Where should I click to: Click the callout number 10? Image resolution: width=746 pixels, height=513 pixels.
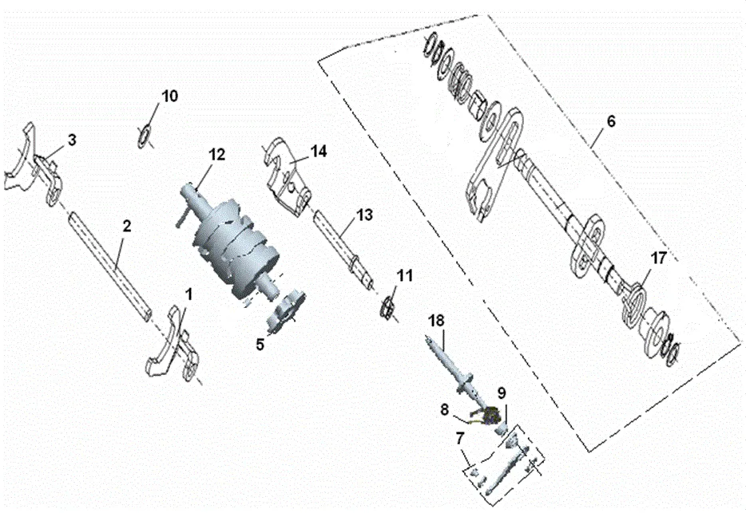170,96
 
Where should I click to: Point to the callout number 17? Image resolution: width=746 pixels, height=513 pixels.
657,258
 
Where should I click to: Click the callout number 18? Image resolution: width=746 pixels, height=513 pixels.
436,320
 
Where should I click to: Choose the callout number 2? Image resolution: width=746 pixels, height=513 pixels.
126,227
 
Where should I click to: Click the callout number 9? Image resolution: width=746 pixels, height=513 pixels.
502,393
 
